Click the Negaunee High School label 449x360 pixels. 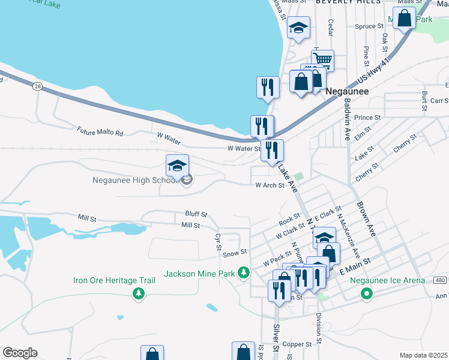134,180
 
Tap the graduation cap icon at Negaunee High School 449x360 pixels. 177,166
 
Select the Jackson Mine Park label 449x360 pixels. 200,274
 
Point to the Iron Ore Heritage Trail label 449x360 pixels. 114,280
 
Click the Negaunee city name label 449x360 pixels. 346,92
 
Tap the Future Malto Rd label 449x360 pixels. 100,131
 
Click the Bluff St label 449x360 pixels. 196,214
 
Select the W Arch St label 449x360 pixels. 270,185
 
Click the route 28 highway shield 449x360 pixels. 38,87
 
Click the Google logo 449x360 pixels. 20,353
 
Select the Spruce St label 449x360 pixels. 369,26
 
